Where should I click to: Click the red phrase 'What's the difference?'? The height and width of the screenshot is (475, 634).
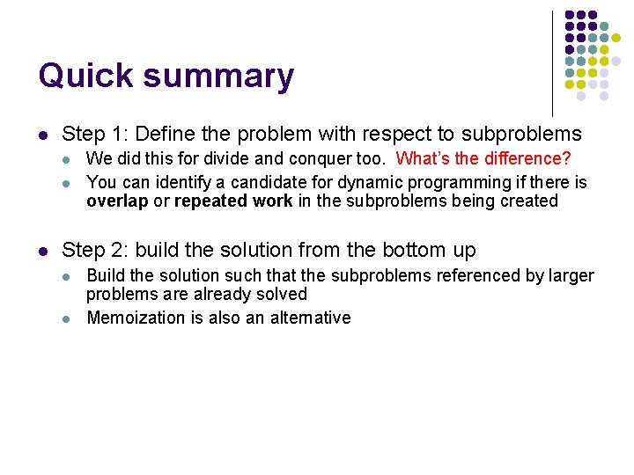[483, 158]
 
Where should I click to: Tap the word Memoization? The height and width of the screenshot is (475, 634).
[136, 318]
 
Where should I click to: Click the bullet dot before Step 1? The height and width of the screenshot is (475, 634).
[43, 135]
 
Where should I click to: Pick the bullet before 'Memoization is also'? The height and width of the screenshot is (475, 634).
[68, 318]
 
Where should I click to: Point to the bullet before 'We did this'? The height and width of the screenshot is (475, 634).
[68, 160]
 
